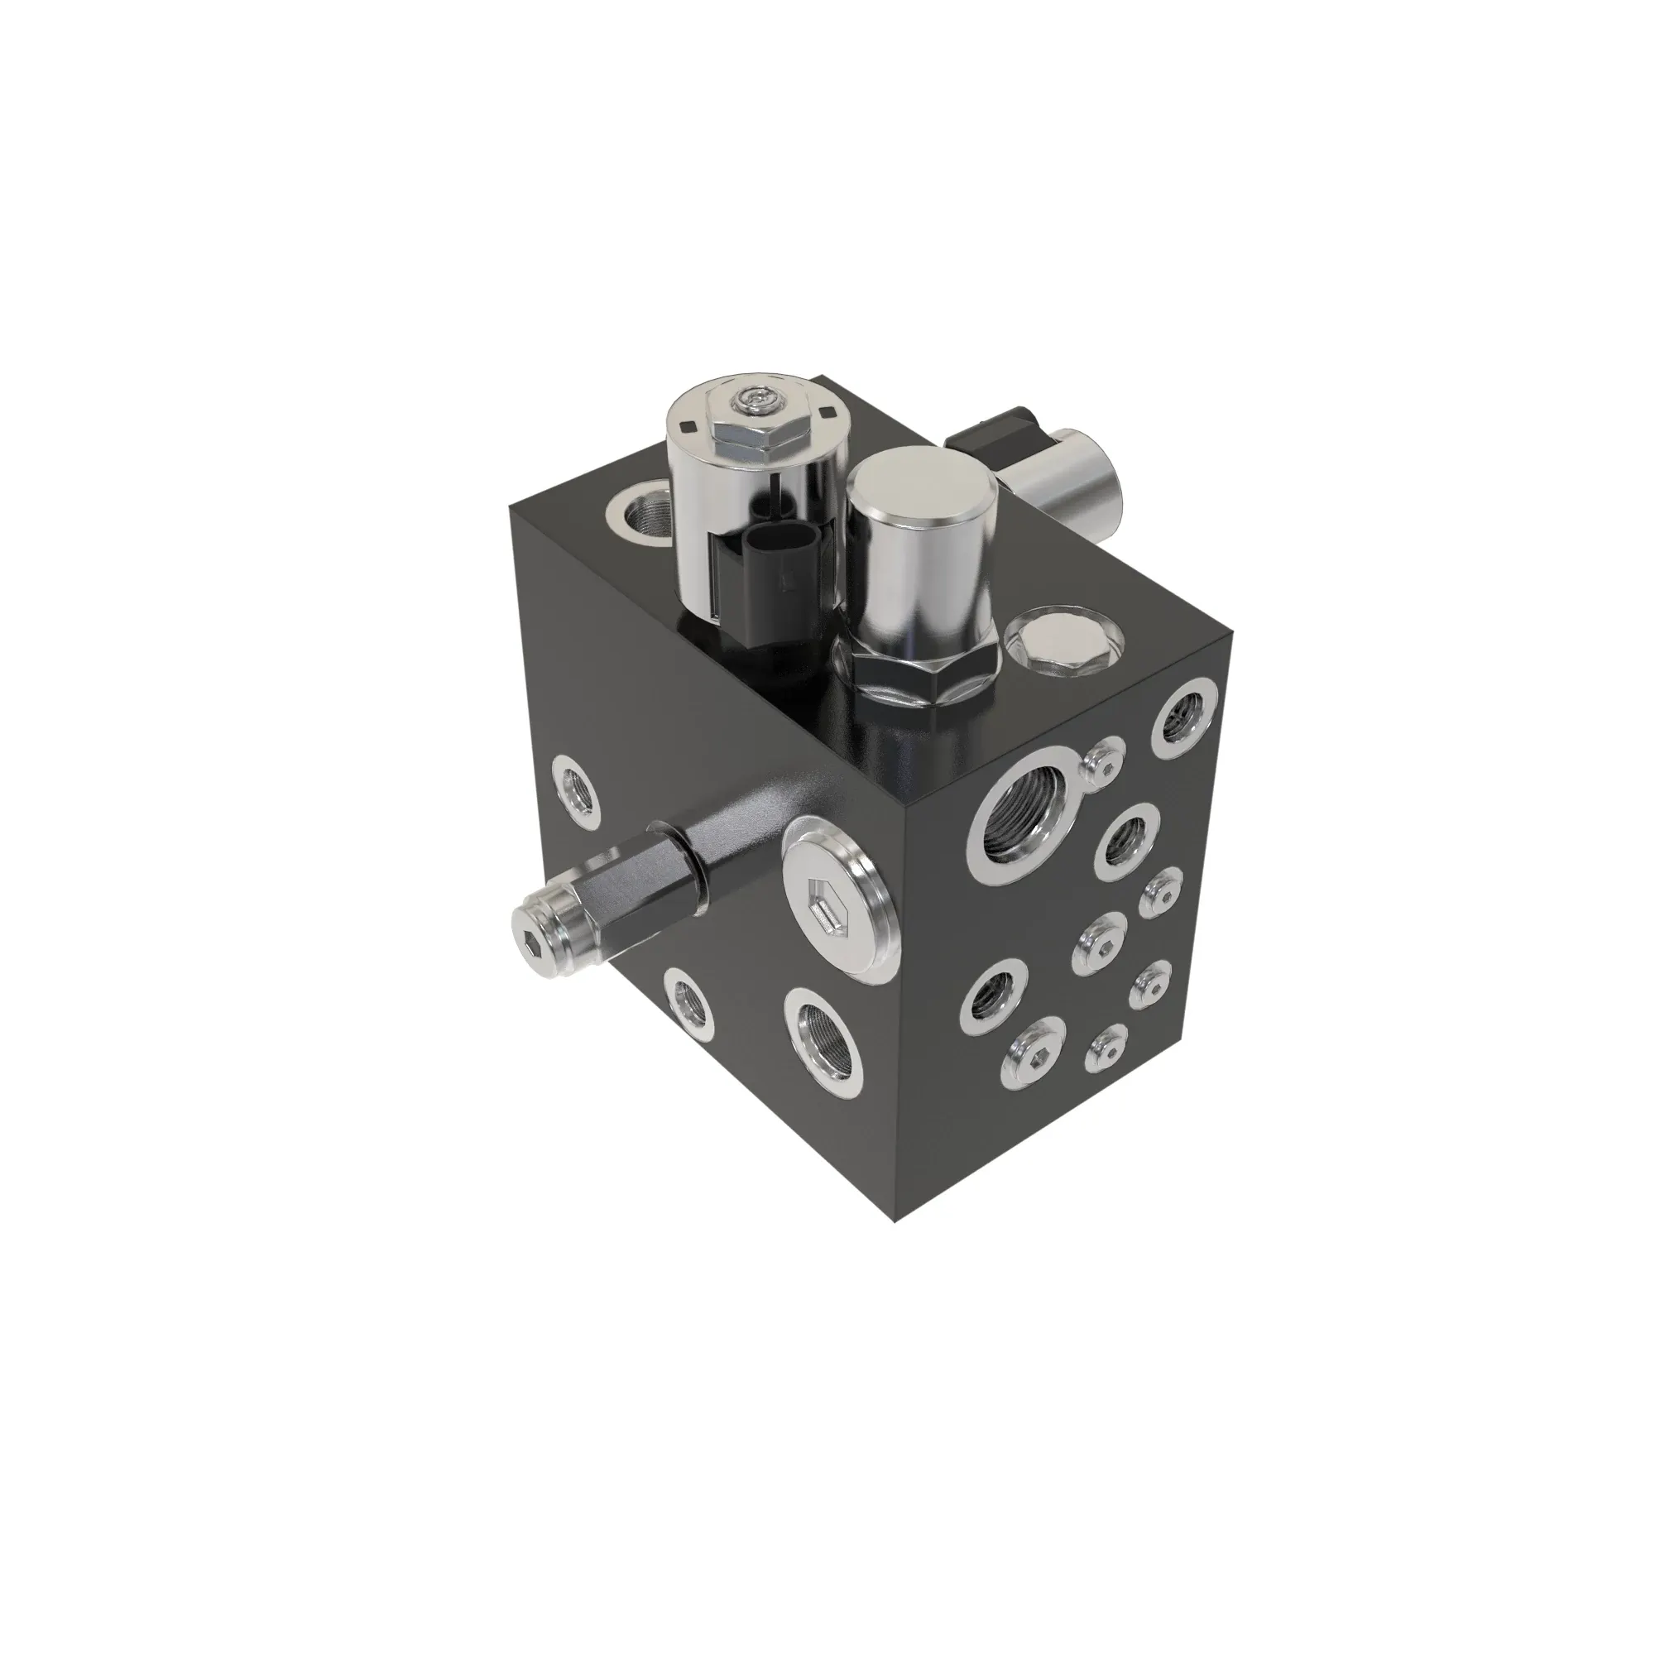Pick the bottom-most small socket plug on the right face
[x=1106, y=1048]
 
